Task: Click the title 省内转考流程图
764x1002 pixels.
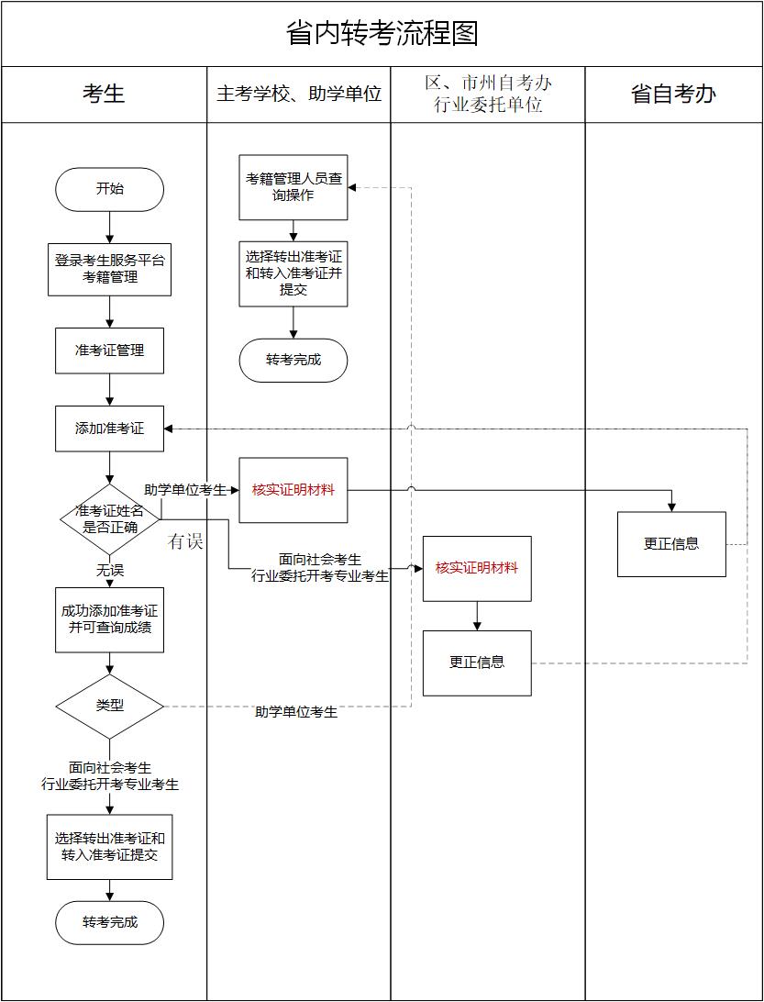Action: (382, 34)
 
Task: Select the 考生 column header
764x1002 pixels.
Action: (104, 94)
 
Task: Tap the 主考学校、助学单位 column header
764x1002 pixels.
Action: (299, 94)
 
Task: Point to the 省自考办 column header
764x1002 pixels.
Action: (673, 94)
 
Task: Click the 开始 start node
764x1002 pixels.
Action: (109, 190)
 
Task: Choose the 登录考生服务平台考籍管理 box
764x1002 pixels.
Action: (109, 269)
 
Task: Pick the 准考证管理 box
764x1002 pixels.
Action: (109, 351)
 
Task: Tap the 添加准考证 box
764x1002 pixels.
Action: (109, 429)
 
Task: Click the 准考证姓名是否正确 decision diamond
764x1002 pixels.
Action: (109, 518)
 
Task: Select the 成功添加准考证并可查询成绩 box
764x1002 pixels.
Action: (109, 619)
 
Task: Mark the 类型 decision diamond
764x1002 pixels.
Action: (109, 706)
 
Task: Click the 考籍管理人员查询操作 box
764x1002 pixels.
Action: (293, 187)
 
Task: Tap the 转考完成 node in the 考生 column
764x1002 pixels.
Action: (109, 922)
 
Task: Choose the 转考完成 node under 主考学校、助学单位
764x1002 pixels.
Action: (293, 360)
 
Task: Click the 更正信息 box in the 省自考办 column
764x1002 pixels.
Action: (671, 544)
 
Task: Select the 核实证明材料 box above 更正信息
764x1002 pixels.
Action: (477, 568)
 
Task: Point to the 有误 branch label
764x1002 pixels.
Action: (185, 542)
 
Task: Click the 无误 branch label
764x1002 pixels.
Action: (109, 571)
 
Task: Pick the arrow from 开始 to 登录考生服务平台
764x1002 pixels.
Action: (109, 227)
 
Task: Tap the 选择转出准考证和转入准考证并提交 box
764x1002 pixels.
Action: (293, 274)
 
